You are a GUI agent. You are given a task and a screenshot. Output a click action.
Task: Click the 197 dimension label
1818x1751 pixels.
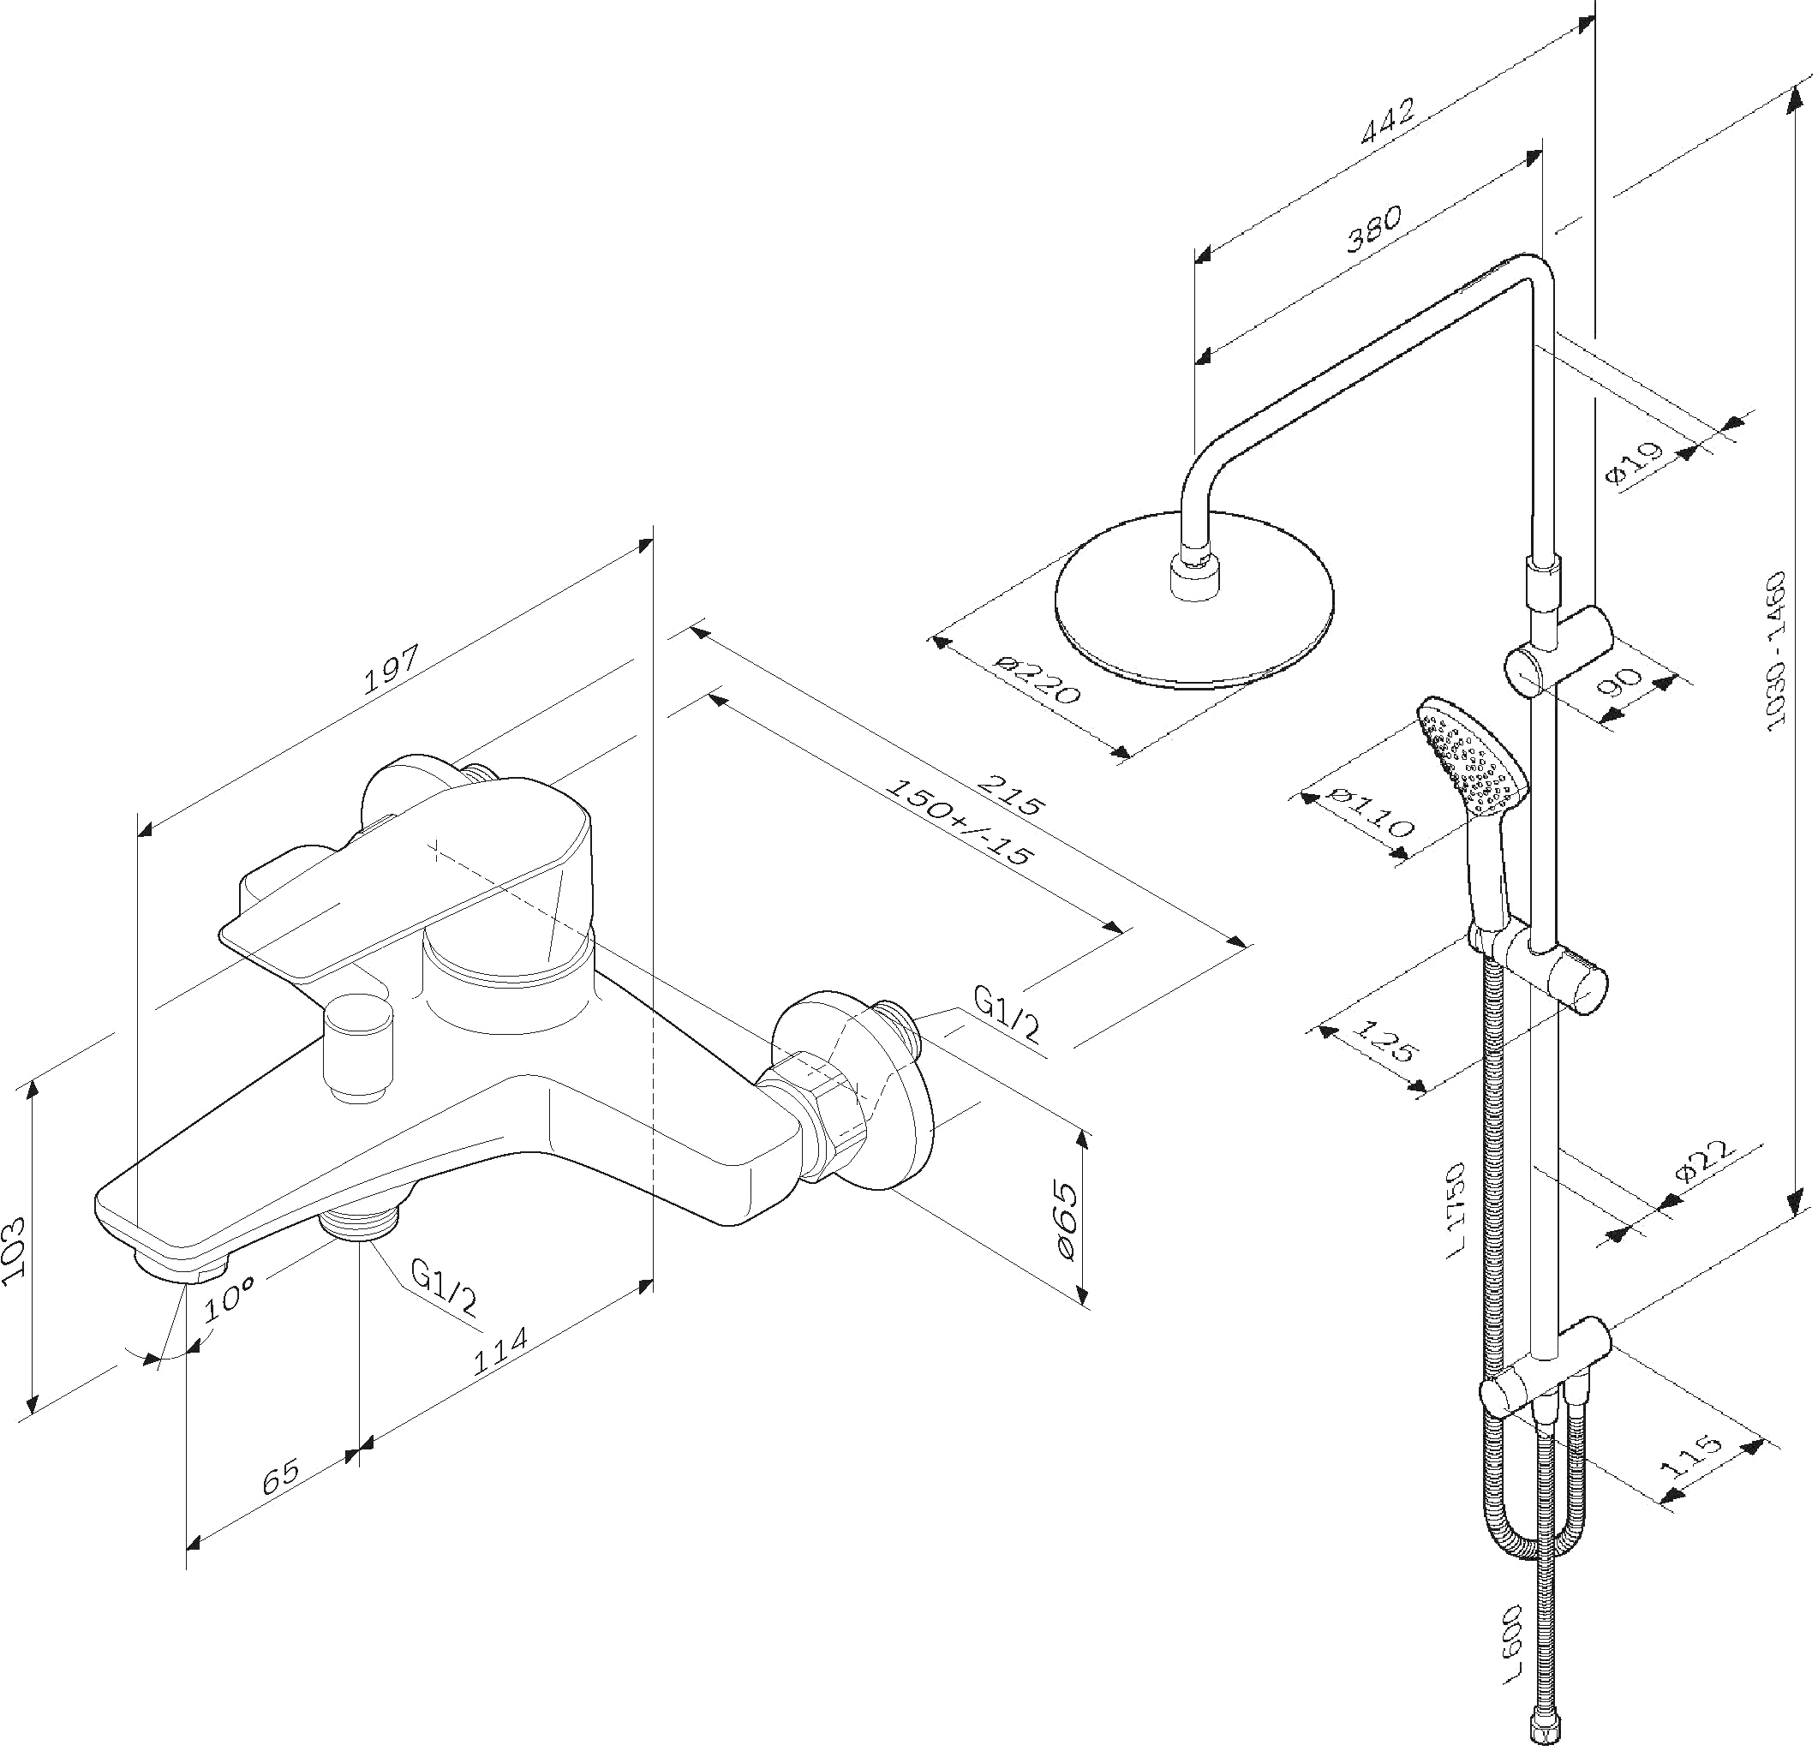click(x=391, y=669)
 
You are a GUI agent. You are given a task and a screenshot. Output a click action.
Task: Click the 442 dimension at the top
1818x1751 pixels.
click(x=1388, y=121)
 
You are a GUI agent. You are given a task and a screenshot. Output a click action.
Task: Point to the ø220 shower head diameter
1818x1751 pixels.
click(x=1037, y=681)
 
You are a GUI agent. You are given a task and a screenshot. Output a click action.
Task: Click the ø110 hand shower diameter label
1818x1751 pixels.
click(x=1370, y=810)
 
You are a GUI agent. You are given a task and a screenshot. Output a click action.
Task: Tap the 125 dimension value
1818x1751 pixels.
click(x=1385, y=1041)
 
